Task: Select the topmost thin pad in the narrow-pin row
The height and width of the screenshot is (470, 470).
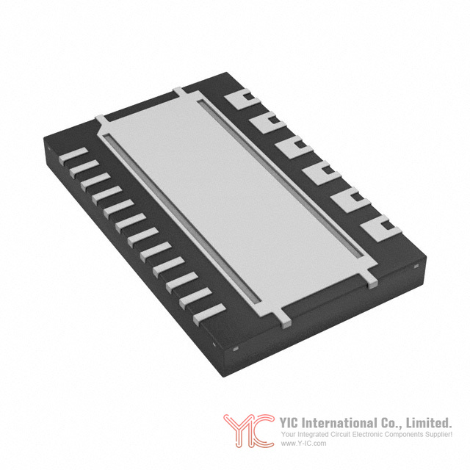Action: [x=73, y=156]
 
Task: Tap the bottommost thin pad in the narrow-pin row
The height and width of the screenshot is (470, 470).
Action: [x=209, y=315]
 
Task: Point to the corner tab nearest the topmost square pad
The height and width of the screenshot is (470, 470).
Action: [x=179, y=91]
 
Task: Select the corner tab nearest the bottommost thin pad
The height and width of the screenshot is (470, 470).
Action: [x=286, y=322]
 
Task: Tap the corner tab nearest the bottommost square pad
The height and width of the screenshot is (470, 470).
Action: [x=372, y=281]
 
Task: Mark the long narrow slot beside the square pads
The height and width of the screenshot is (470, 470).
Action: [x=281, y=179]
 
